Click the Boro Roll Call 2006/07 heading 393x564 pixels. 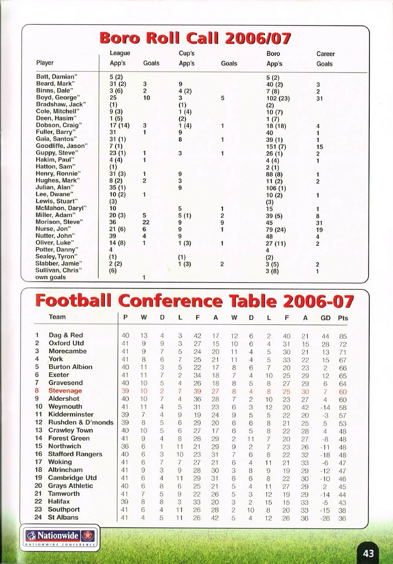[x=195, y=38]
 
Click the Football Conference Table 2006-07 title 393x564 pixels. [x=194, y=301]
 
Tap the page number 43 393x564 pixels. [x=368, y=553]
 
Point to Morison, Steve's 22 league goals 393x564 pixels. [x=146, y=222]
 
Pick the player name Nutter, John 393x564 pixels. [x=55, y=236]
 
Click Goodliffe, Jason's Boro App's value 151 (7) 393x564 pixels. [x=276, y=147]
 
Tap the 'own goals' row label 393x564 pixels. [x=50, y=277]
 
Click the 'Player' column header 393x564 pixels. [x=45, y=63]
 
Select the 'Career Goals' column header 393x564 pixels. [x=325, y=59]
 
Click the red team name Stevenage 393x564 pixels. [x=65, y=391]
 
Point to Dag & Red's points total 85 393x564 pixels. [x=343, y=336]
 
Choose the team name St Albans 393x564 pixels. [x=63, y=517]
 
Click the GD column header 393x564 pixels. [x=325, y=318]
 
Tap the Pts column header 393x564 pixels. [x=343, y=318]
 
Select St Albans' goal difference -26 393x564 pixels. [x=325, y=518]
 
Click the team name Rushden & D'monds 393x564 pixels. [x=81, y=422]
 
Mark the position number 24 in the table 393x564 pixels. [x=38, y=517]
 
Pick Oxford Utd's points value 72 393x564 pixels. [x=343, y=344]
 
